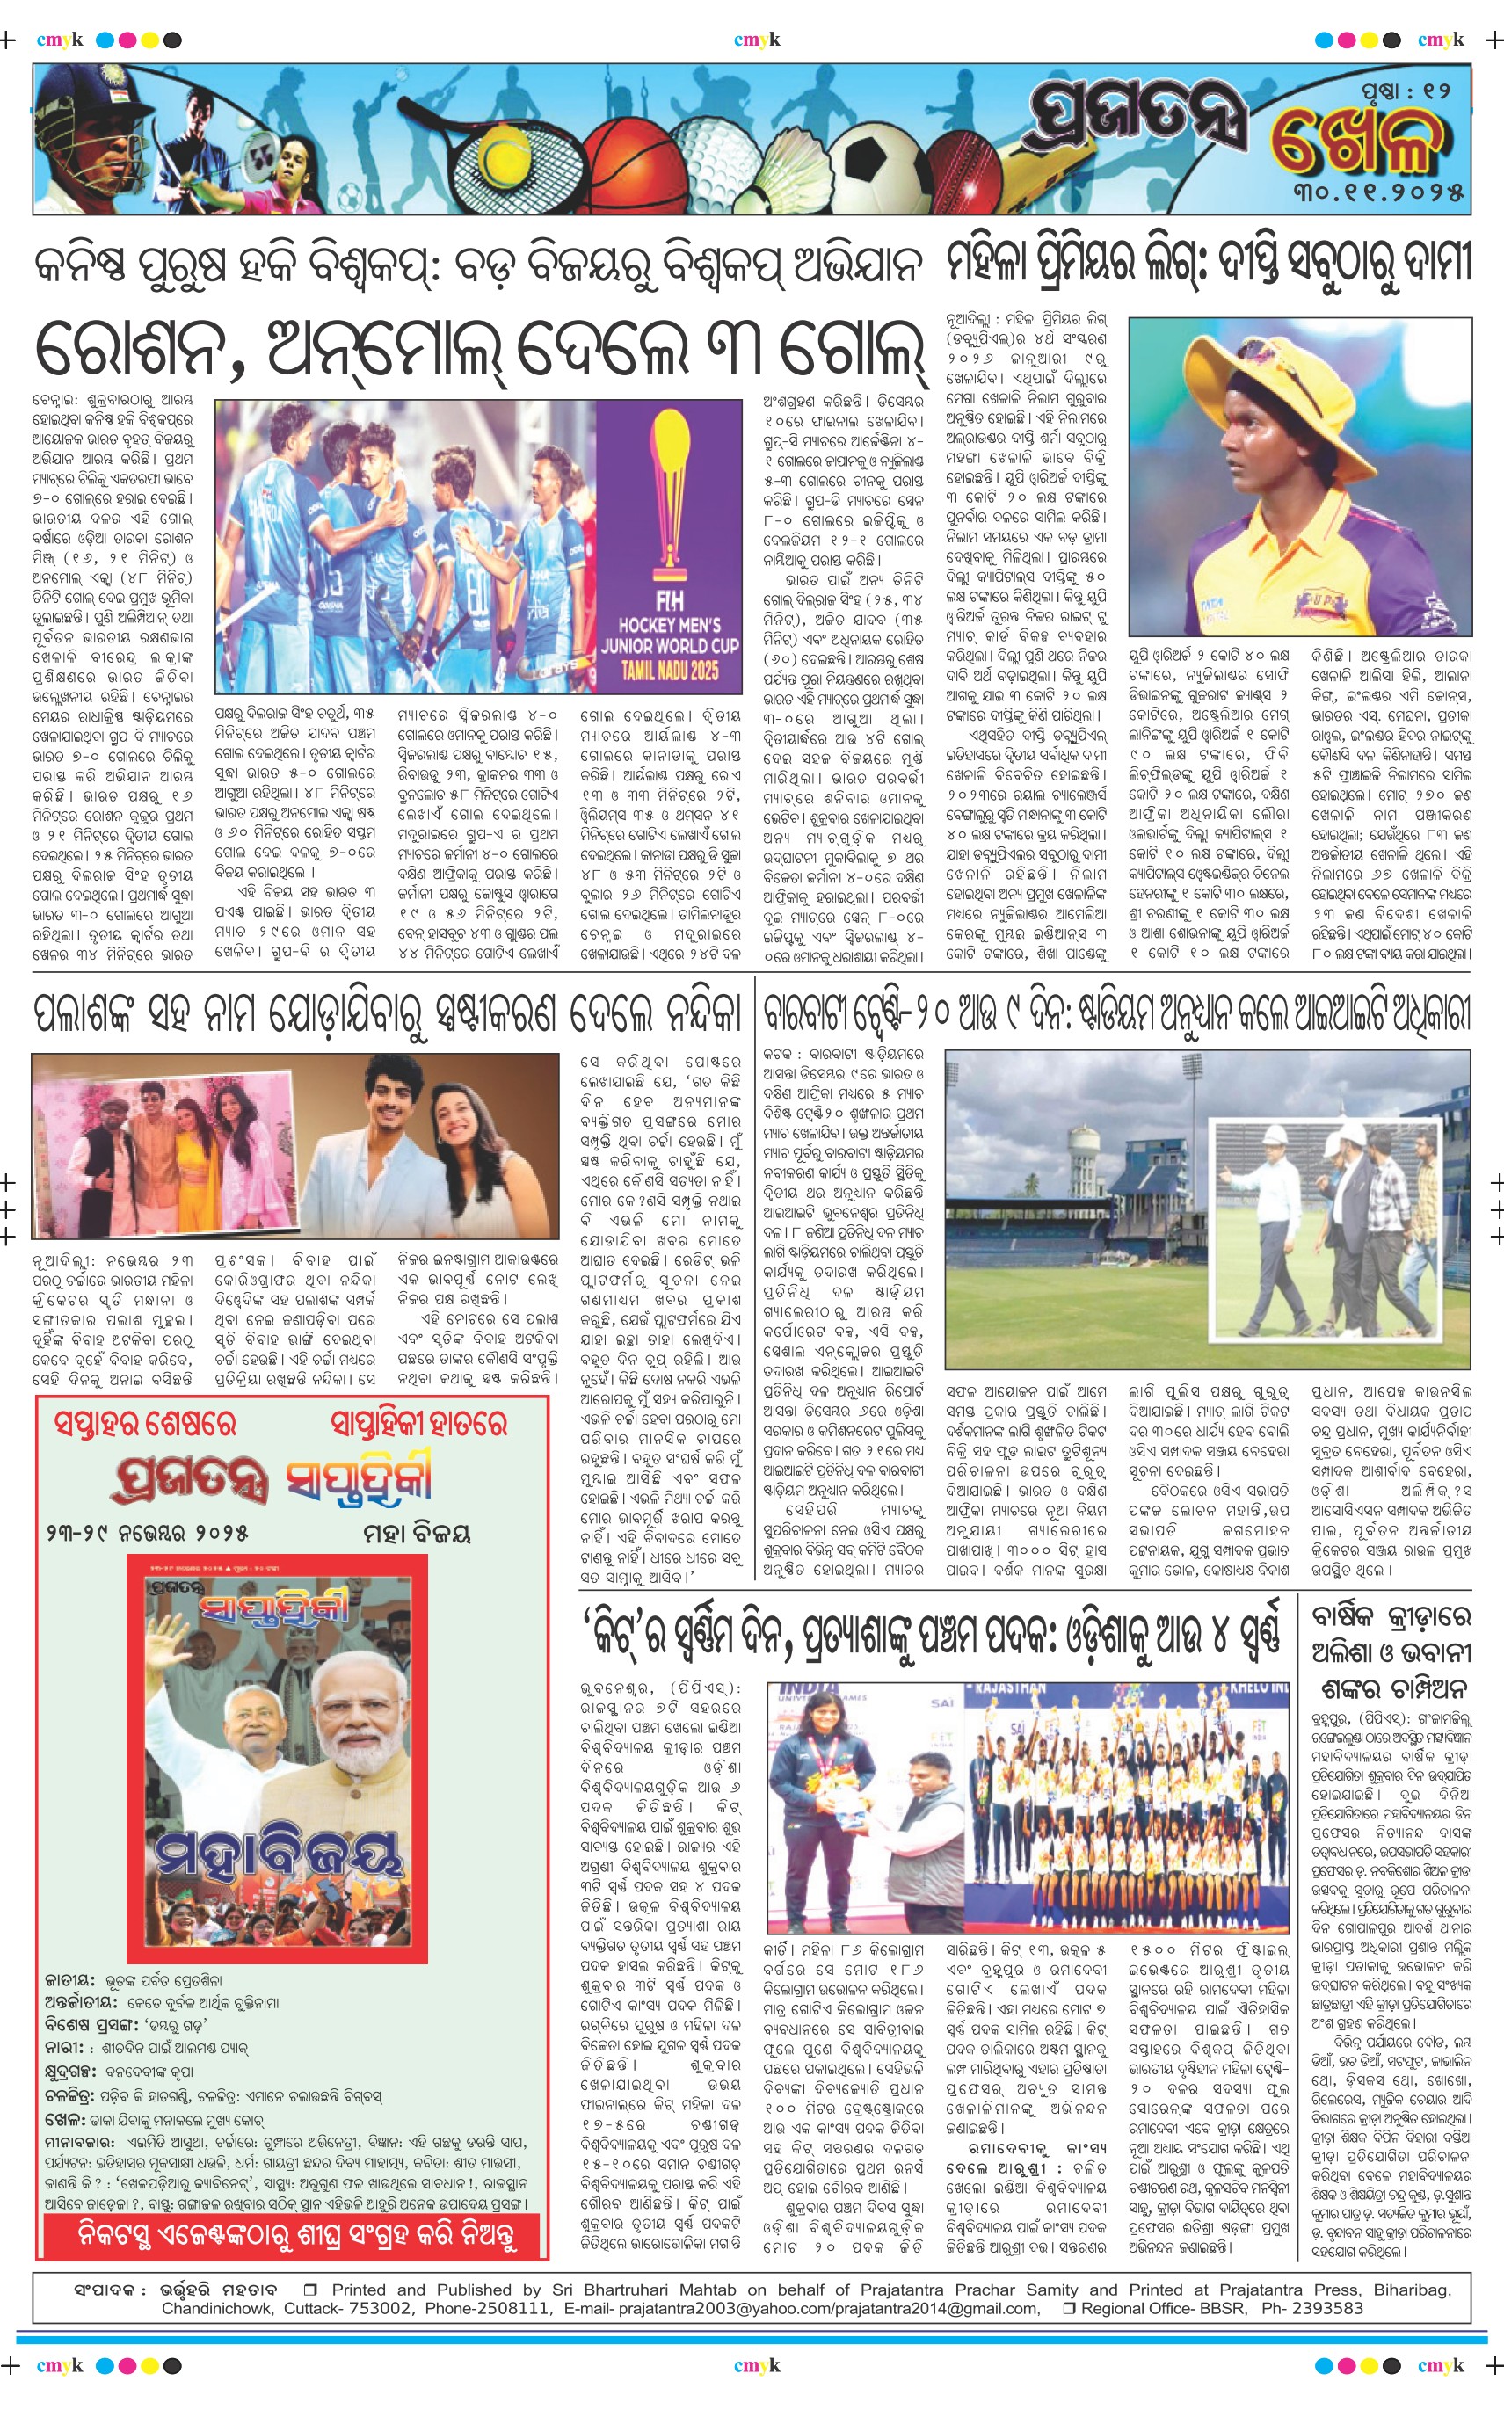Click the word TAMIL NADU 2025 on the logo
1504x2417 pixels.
pyautogui.click(x=670, y=670)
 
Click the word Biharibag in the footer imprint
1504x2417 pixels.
pyautogui.click(x=1412, y=2289)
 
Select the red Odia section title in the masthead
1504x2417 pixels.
pyautogui.click(x=1357, y=142)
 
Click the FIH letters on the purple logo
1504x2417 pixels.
pyautogui.click(x=670, y=601)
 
